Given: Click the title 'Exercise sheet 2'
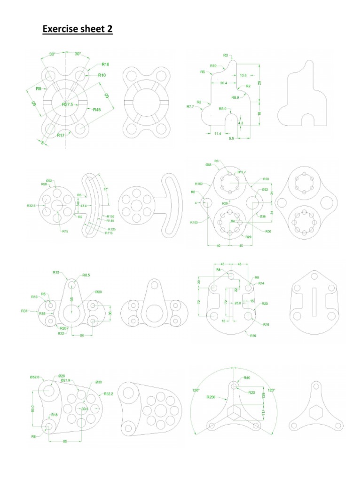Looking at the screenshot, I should coord(78,30).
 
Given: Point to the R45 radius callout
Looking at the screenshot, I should coord(96,110).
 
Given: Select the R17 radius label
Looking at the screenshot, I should coord(61,135).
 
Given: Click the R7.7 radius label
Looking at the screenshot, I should coord(190,107).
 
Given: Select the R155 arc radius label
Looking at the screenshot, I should coord(110,216).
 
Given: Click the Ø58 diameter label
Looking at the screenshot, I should coord(208,165).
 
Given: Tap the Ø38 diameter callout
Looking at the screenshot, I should coord(262,216).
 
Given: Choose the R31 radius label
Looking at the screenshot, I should coord(24,311).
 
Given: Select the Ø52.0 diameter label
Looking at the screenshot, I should coord(35,377).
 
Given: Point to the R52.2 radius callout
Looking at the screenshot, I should coord(109,394).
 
